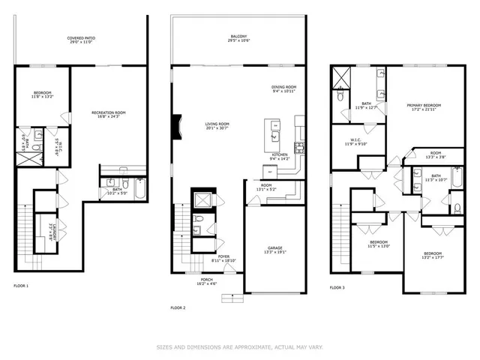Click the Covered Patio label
point(80,38)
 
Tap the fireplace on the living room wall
point(175,127)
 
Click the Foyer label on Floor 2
point(223,256)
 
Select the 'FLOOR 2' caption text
point(178,307)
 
